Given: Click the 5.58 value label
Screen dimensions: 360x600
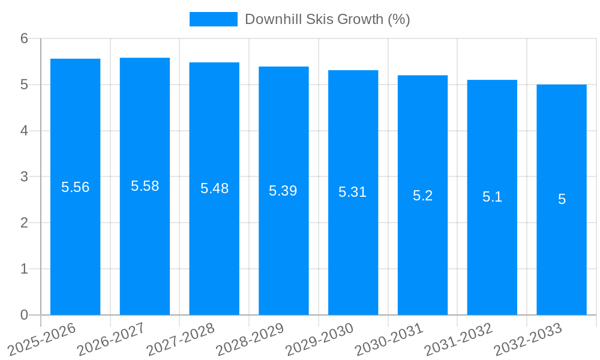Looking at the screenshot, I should tap(145, 186).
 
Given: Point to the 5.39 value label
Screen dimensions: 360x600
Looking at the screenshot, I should tap(283, 191).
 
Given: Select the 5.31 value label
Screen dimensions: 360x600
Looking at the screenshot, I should tap(353, 192).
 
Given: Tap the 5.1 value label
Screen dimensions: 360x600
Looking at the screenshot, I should tap(492, 197).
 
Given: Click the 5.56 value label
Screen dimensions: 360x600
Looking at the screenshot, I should tap(75, 187).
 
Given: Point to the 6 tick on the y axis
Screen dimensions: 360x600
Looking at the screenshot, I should tap(24, 39).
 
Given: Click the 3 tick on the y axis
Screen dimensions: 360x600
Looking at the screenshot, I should tap(24, 177).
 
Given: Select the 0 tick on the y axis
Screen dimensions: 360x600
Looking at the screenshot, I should tap(24, 315).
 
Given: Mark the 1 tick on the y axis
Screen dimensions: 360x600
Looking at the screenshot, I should tap(24, 269).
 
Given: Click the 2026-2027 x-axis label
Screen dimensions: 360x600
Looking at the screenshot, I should tap(111, 340).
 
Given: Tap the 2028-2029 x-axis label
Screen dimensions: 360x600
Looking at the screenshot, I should tap(250, 340).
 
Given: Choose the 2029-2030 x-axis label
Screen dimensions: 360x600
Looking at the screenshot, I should tap(319, 340).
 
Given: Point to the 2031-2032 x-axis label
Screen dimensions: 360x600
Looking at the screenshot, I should tap(458, 340).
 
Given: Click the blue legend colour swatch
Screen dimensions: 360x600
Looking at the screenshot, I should tap(213, 19).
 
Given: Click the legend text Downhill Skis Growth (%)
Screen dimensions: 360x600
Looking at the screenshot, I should tap(327, 19).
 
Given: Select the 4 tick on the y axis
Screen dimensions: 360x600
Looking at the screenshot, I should tap(24, 131).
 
